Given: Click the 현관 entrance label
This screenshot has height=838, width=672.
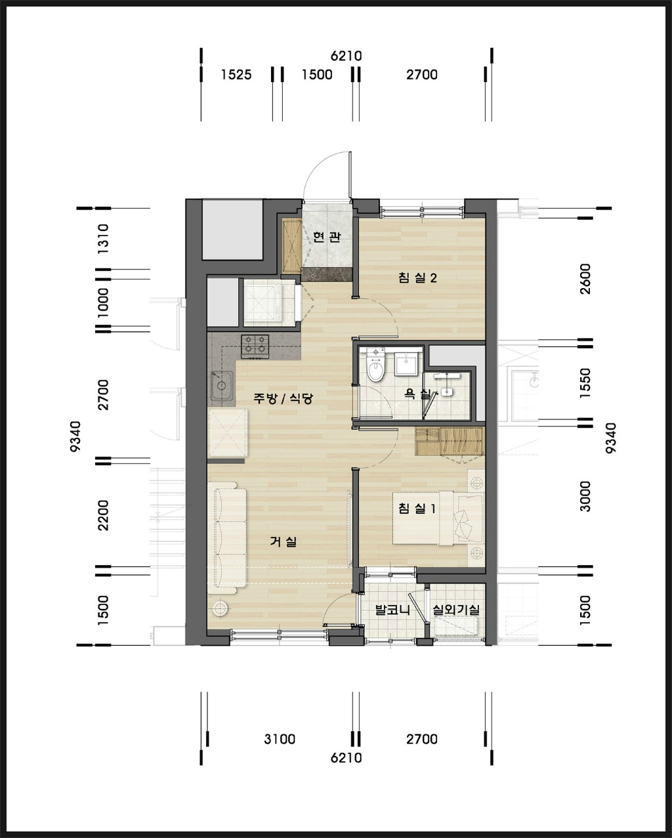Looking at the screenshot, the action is coord(327,236).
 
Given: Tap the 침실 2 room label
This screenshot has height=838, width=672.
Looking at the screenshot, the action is coord(417,278).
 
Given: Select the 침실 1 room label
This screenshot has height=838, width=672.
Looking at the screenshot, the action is coord(417,508).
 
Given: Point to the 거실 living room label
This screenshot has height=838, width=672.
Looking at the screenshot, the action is coord(283,541).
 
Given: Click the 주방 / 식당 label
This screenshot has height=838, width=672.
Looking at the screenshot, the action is coord(283,398).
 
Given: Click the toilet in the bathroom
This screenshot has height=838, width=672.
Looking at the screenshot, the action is coord(376,365).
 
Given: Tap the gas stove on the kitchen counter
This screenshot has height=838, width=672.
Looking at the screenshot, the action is coord(255,346).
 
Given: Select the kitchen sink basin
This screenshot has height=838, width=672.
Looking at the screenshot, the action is coord(222,385).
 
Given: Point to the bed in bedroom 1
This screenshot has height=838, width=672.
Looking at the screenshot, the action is coord(438,518).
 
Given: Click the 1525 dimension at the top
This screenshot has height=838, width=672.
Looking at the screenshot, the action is coord(236,74).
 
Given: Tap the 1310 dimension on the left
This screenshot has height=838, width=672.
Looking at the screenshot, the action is coord(104,239).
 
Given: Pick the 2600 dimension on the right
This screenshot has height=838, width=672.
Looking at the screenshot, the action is coord(585,279).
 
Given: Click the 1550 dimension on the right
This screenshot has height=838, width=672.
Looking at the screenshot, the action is coord(585,383).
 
